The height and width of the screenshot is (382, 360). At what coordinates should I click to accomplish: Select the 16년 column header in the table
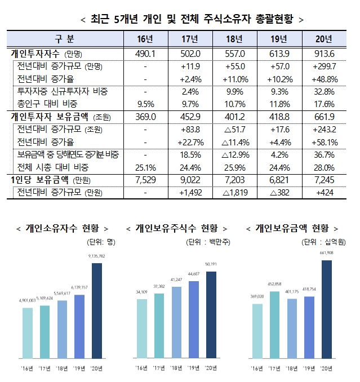(x=145, y=39)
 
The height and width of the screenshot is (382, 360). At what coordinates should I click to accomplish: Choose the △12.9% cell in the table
(x=235, y=155)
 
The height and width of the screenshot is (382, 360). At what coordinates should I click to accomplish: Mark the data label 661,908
(x=327, y=254)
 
